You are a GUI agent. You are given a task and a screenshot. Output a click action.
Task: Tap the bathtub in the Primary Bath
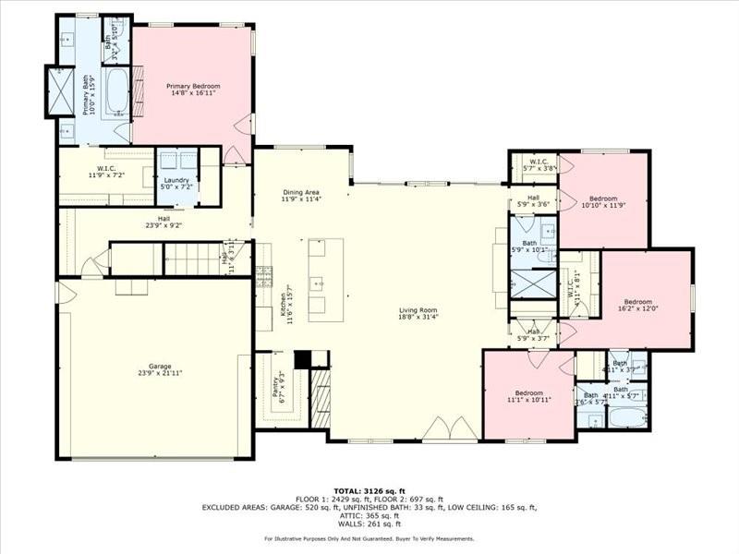tap(118, 93)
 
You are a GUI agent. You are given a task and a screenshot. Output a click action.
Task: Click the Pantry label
tap(277, 386)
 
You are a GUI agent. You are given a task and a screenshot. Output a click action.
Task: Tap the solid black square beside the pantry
tap(302, 359)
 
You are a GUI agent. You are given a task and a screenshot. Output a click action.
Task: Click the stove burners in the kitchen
tap(264, 273)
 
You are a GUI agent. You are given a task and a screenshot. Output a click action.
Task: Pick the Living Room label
tap(418, 313)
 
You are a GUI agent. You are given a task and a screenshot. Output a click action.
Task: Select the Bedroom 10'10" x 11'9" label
tap(603, 201)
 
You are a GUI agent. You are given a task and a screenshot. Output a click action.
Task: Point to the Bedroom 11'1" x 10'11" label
tap(528, 394)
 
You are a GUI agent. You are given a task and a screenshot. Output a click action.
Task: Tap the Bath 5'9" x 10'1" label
tap(529, 246)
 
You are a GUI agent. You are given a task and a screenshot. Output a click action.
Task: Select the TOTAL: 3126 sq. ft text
tap(369, 490)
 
